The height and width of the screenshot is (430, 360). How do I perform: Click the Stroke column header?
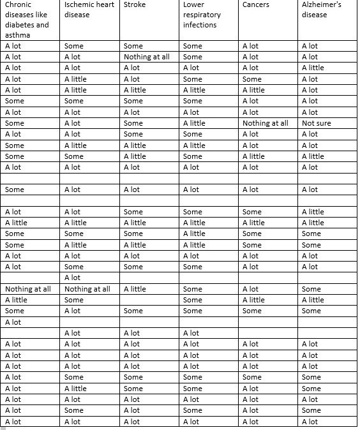pyautogui.click(x=134, y=5)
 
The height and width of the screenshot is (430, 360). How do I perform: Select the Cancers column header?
pyautogui.click(x=256, y=5)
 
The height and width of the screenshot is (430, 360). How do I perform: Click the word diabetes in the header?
pyautogui.click(x=19, y=25)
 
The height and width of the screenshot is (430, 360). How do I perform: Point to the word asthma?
pyautogui.click(x=17, y=35)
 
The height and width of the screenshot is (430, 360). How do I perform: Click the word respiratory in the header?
pyautogui.click(x=202, y=15)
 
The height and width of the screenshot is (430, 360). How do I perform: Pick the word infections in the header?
pyautogui.click(x=200, y=25)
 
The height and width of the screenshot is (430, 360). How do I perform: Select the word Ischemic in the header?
pyautogui.click(x=79, y=5)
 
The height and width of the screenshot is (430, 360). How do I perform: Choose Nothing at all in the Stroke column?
pyautogui.click(x=146, y=57)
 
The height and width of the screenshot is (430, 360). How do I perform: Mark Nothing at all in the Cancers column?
pyautogui.click(x=265, y=123)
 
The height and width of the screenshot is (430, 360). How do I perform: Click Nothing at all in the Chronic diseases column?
pyautogui.click(x=27, y=289)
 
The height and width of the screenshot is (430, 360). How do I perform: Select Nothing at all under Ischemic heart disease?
pyautogui.click(x=87, y=289)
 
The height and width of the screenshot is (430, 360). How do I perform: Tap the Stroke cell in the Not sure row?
pyautogui.click(x=133, y=123)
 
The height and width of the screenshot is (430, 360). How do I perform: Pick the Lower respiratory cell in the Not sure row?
pyautogui.click(x=194, y=123)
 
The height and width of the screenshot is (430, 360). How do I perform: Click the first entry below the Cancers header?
pyautogui.click(x=250, y=46)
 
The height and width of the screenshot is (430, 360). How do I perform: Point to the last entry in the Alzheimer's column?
pyautogui.click(x=310, y=422)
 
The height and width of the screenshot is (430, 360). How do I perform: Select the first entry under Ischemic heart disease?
pyautogui.click(x=74, y=46)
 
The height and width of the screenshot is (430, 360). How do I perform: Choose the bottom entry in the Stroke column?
pyautogui.click(x=131, y=422)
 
